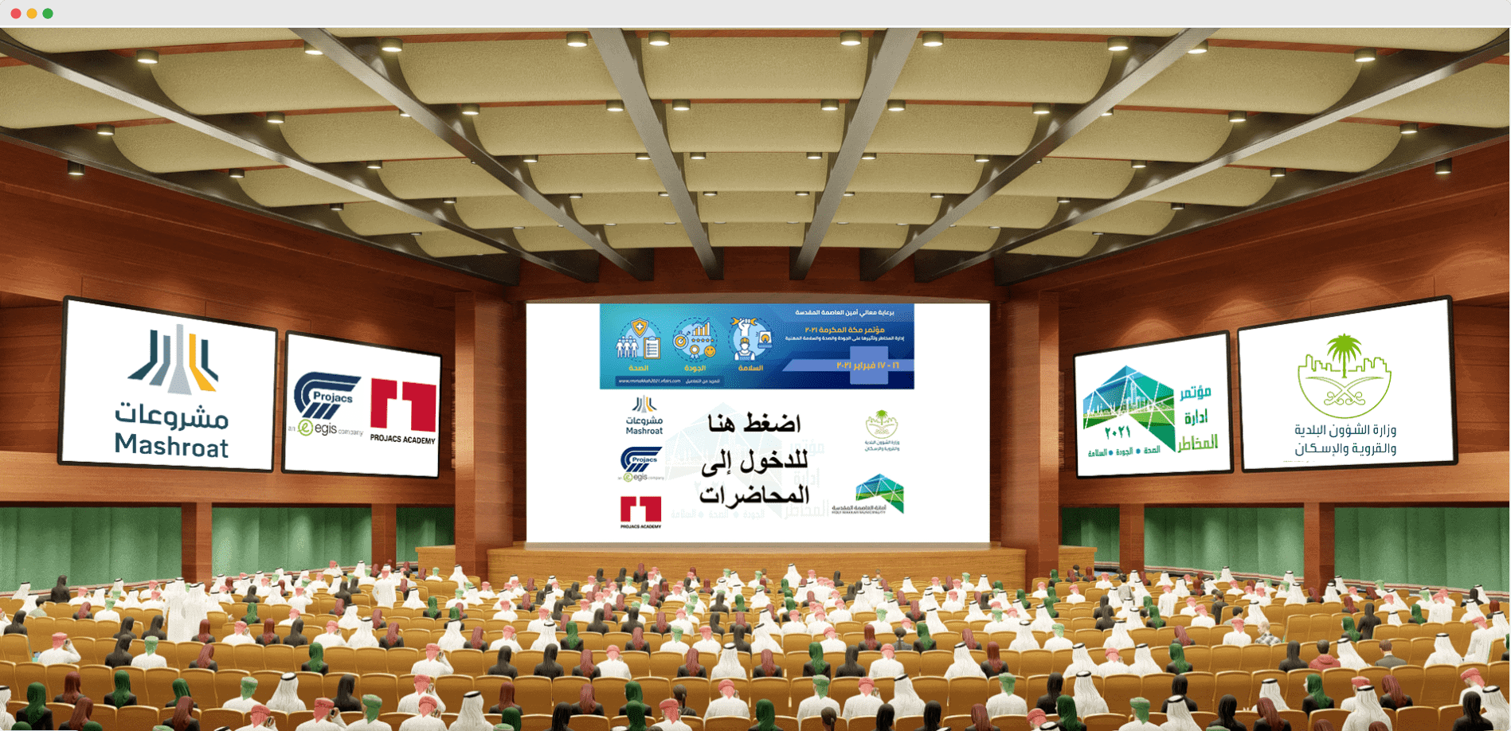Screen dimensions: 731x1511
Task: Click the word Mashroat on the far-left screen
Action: (171, 445)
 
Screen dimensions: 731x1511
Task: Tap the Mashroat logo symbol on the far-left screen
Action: (174, 360)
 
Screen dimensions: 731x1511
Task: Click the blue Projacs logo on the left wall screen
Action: (325, 394)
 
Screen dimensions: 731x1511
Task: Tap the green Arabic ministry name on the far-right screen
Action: (1345, 439)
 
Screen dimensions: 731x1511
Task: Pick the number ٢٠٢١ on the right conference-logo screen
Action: (1118, 432)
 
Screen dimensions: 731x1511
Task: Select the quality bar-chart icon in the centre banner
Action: (694, 338)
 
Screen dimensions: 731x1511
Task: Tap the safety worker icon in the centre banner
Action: (750, 338)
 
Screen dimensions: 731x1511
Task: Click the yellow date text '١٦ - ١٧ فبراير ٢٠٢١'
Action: (867, 365)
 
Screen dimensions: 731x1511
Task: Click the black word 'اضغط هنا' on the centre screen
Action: (754, 424)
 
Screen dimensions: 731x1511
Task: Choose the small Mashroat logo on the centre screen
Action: (644, 415)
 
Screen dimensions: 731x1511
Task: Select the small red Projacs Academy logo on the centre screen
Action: (640, 512)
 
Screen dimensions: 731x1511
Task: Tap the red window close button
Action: (16, 14)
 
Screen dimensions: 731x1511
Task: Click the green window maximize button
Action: (48, 14)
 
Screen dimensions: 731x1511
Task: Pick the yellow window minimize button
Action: (32, 14)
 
